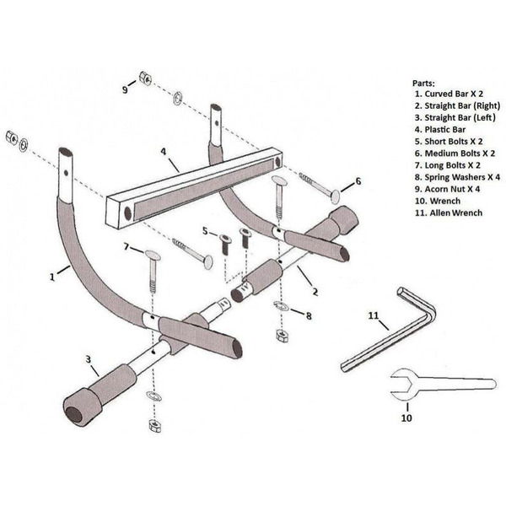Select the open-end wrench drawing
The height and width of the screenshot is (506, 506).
(x=439, y=385)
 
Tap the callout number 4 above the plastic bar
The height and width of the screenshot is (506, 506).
(x=164, y=154)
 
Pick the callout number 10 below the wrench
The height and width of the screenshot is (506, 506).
(x=406, y=417)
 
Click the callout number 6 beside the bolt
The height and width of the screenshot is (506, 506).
(x=357, y=180)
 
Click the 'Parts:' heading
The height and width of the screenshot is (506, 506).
(x=424, y=83)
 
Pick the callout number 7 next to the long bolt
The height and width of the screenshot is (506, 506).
(x=126, y=246)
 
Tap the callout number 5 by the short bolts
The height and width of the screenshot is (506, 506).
(x=203, y=229)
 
